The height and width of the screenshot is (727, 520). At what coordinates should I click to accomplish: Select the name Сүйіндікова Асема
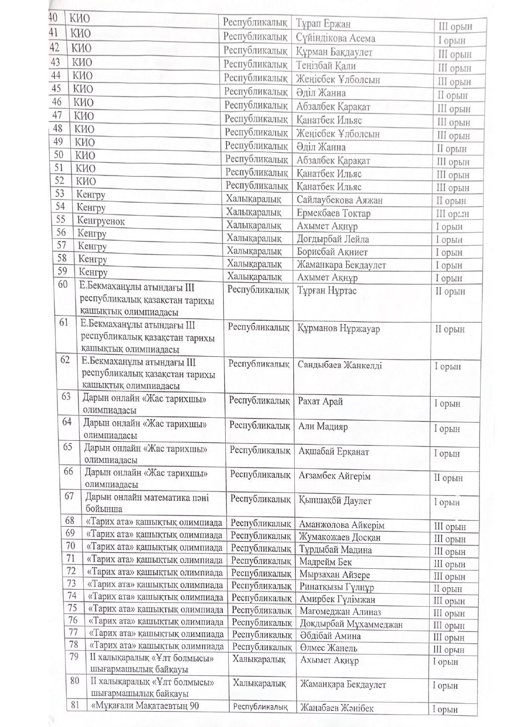[335, 38]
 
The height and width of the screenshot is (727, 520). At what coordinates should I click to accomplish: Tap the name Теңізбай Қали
[326, 66]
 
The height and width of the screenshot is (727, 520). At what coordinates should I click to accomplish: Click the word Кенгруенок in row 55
[101, 221]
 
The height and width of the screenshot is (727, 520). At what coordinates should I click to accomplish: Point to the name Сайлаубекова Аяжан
[340, 200]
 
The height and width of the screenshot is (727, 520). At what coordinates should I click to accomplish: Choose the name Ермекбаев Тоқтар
[334, 213]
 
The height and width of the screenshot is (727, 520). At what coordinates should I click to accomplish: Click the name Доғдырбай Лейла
[333, 240]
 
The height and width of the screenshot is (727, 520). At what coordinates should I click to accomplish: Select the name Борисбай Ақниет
[332, 252]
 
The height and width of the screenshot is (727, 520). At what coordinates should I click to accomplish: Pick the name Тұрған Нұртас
[327, 290]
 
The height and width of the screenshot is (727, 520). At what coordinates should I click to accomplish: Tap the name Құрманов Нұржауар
[339, 329]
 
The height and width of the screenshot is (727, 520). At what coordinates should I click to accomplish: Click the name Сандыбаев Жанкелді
[340, 365]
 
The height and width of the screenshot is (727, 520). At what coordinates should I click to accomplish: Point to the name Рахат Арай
[320, 402]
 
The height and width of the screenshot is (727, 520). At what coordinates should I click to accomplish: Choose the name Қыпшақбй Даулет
[335, 501]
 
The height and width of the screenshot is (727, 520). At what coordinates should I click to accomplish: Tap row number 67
[69, 496]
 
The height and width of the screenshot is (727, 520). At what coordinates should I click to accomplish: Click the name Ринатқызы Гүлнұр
[337, 587]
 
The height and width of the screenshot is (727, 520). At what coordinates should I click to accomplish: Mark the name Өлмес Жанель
[328, 648]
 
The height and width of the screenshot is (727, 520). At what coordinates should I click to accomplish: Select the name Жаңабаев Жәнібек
[337, 708]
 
